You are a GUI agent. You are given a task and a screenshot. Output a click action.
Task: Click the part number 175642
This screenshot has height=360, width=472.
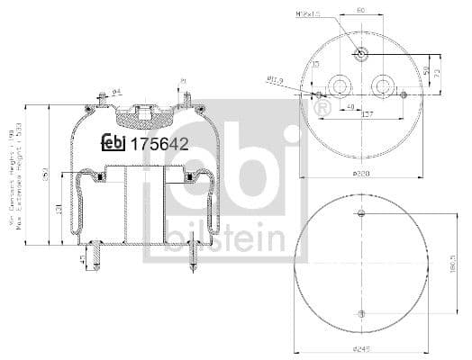159,141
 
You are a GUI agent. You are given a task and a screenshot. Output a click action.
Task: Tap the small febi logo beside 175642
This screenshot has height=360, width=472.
114,141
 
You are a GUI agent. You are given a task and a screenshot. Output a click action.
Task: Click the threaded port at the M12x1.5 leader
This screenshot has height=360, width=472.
360,51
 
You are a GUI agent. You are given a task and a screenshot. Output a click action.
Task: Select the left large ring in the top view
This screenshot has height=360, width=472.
341,86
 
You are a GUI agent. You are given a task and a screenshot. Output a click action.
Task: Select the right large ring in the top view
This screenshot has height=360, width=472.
384,86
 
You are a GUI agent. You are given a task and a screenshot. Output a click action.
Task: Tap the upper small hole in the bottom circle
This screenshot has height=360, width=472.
361,214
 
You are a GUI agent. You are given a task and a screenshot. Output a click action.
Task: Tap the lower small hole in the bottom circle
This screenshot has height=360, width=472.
361,312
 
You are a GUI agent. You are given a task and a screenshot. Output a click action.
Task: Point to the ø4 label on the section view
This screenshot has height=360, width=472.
116,90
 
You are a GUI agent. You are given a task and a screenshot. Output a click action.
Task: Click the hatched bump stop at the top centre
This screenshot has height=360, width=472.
139,114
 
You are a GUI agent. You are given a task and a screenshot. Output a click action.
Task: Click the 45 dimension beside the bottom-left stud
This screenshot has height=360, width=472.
84,260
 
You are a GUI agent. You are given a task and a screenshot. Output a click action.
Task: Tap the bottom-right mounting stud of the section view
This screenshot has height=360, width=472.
194,258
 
